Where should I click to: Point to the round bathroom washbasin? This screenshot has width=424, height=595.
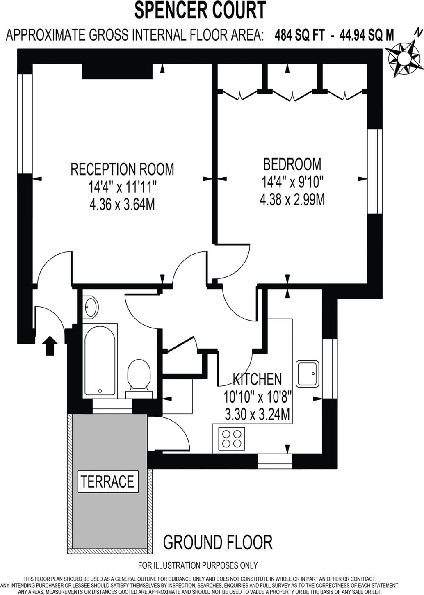[91, 306]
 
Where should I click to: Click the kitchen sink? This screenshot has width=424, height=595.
[307, 373]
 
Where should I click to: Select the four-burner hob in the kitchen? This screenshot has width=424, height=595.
[232, 438]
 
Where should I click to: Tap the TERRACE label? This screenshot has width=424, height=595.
[107, 481]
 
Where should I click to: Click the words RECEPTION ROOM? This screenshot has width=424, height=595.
[122, 169]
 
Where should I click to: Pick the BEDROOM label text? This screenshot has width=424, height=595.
[292, 164]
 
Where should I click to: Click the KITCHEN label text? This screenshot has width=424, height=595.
[257, 379]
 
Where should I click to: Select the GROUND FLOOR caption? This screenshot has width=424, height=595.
[217, 542]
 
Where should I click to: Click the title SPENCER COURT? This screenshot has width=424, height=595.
[200, 11]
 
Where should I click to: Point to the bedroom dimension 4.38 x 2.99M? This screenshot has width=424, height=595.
[292, 200]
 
